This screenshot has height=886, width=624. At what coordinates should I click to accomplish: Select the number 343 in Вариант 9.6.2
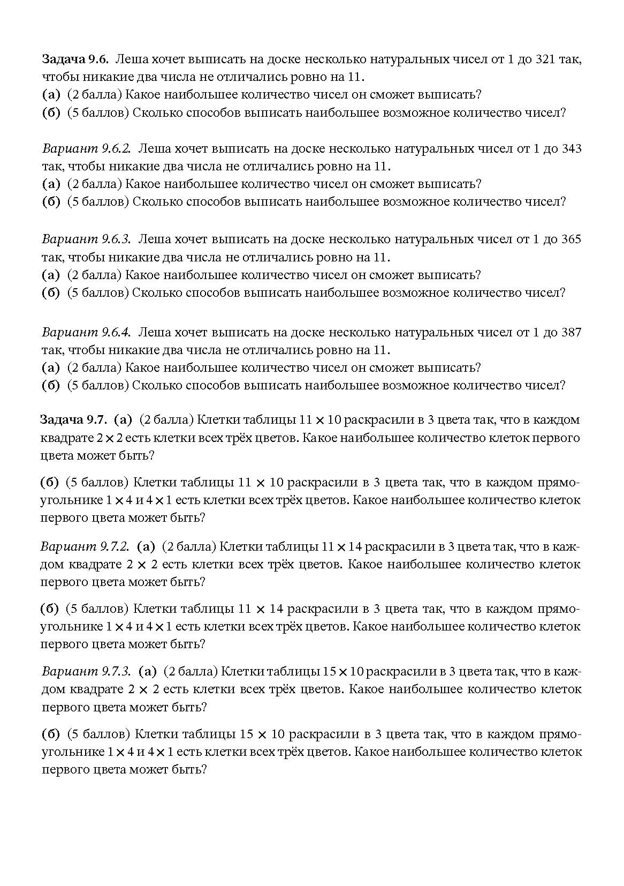tap(571, 148)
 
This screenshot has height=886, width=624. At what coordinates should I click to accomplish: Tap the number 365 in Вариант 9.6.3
tap(571, 239)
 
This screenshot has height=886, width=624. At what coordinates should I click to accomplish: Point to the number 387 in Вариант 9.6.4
tap(571, 332)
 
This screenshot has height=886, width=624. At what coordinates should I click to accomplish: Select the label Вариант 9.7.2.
tap(85, 547)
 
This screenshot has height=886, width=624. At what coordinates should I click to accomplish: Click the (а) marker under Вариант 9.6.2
tap(51, 184)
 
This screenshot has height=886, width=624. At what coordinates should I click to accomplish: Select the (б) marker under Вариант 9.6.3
tap(51, 293)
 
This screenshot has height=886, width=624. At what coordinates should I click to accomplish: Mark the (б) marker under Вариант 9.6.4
tap(51, 386)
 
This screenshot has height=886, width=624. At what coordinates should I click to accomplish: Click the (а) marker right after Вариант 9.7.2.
tap(146, 547)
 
